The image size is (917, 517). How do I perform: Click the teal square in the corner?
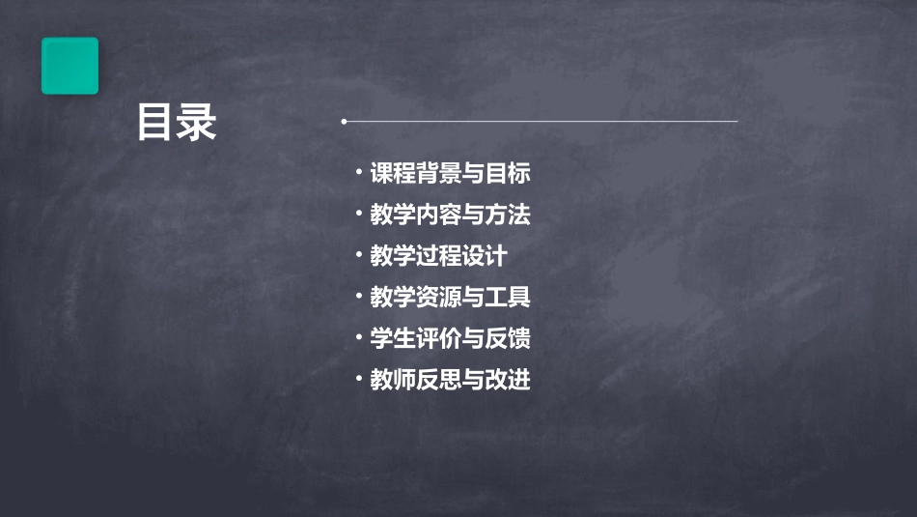[x=69, y=66]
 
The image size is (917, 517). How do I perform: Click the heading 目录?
[x=177, y=123]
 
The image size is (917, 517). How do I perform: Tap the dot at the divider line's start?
[x=344, y=122]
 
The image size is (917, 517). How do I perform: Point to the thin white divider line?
[x=541, y=122]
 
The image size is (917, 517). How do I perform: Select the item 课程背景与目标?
[x=450, y=174]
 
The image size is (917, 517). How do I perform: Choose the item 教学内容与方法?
[x=450, y=215]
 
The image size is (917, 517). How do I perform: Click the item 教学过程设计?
[x=437, y=256]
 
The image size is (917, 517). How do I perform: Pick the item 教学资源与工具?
[x=450, y=298]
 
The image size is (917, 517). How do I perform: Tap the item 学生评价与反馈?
[x=450, y=339]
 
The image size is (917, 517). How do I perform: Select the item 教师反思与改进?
[x=450, y=380]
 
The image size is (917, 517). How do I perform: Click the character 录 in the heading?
[x=197, y=123]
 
